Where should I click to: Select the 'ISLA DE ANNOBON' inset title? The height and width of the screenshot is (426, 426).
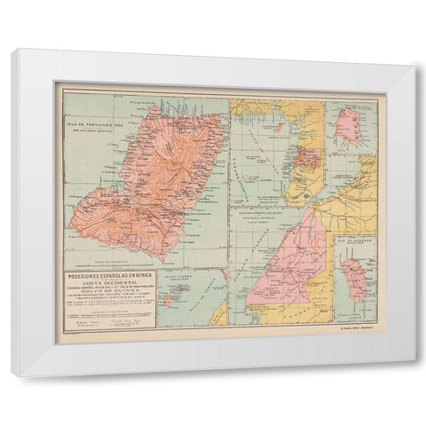354,241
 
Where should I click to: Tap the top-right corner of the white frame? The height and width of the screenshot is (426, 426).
413,67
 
